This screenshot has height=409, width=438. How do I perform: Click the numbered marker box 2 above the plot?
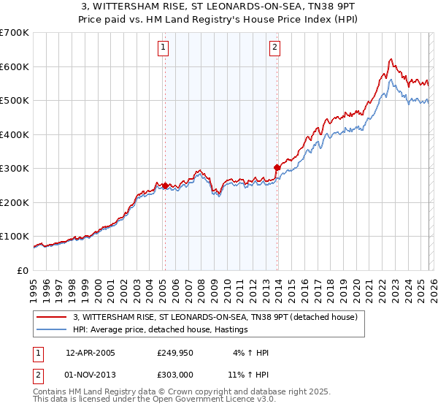274,49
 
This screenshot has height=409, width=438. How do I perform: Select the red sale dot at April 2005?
165,186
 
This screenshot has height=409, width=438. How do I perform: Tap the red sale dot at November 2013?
277,167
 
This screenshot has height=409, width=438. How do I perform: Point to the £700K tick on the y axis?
15,33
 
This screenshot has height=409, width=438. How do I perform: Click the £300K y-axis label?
15,169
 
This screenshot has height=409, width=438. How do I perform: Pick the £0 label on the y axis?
23,270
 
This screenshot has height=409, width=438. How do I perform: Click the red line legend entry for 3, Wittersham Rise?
215,317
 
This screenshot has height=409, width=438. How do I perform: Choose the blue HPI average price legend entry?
161,330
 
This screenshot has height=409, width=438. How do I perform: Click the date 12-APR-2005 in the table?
90,353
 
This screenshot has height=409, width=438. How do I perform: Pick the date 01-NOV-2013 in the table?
90,375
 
